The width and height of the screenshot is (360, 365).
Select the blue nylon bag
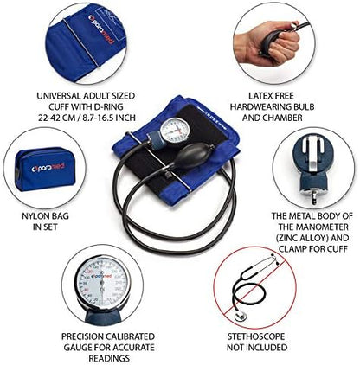coord(44,170)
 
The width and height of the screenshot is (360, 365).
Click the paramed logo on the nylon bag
coord(48,168)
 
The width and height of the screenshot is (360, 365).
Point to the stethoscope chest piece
coord(241,316)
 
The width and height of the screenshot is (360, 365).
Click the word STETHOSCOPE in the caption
coord(256,336)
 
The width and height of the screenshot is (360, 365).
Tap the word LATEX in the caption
coord(260,96)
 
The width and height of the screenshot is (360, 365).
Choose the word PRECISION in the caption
coord(82,336)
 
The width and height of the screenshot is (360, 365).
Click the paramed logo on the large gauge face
coord(101,276)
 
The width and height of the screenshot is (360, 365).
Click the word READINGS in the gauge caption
coord(109,358)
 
